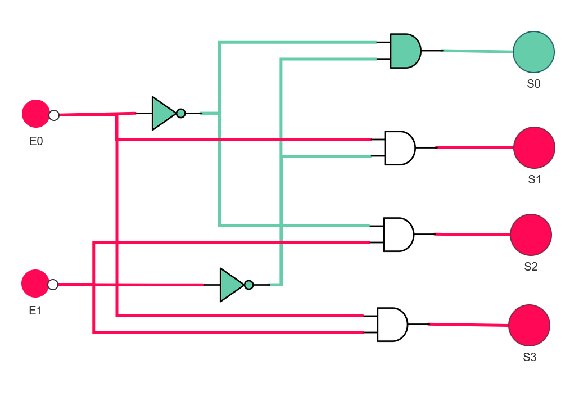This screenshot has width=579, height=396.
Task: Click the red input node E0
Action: tap(36, 114)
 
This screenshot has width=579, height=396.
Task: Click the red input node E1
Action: tap(35, 283)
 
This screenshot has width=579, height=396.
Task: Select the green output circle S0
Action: tap(533, 52)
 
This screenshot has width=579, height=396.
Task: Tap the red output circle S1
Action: tap(534, 148)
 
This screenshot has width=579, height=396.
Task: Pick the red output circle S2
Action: tap(531, 235)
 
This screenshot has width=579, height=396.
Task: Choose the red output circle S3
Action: tap(529, 326)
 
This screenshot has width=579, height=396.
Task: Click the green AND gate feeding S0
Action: tap(405, 51)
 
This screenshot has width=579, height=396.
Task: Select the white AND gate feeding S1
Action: tap(400, 148)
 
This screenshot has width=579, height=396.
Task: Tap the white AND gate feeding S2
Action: tap(399, 235)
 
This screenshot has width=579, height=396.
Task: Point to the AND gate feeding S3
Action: tap(392, 325)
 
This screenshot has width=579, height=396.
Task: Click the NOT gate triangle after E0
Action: tap(163, 114)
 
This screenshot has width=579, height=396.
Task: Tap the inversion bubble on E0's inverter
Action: tap(180, 114)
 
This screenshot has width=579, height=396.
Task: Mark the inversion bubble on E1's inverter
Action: tap(249, 285)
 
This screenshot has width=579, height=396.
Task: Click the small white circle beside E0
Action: tap(54, 115)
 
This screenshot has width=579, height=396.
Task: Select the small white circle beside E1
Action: tap(53, 285)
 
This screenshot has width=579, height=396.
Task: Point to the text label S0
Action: tap(533, 84)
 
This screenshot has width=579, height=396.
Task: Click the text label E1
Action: tap(35, 310)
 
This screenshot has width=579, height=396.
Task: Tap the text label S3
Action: tap(530, 357)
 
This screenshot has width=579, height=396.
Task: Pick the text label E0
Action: tap(36, 141)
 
